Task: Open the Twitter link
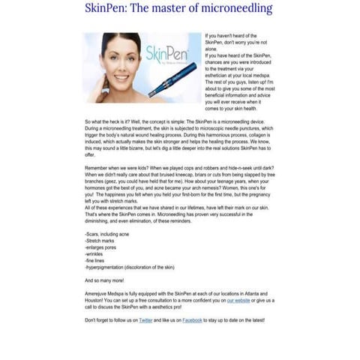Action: [145, 319]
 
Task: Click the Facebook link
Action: [192, 319]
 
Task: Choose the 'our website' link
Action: [238, 301]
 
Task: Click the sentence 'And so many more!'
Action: [105, 280]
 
